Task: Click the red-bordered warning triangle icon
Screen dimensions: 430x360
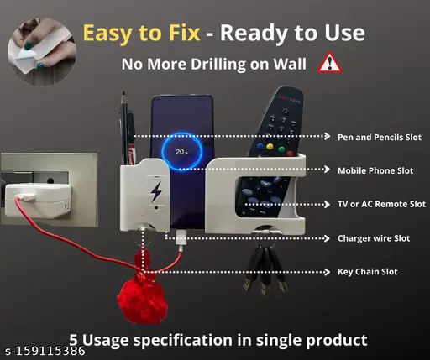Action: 330,63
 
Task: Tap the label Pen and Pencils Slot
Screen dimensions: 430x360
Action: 380,138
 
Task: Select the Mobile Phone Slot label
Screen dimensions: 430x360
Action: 375,170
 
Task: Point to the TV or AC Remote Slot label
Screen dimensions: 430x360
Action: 381,204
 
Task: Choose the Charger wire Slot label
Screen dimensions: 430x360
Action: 374,238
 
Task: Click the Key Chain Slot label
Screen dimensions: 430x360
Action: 367,272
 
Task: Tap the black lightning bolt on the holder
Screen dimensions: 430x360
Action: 156,191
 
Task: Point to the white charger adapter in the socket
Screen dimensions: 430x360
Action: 38,200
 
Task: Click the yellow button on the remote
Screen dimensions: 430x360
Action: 270,146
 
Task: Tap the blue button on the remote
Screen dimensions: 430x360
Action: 260,146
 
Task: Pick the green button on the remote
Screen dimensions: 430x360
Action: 281,149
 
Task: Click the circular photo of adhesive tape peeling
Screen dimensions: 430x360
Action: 42,52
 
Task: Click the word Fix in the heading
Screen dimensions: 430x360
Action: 184,33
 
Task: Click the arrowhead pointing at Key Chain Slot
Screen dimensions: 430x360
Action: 327,272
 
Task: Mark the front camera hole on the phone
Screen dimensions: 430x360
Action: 159,100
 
